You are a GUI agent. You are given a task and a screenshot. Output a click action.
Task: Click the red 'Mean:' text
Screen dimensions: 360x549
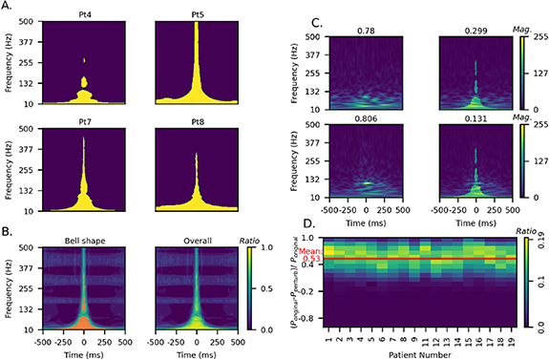(x=308, y=250)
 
